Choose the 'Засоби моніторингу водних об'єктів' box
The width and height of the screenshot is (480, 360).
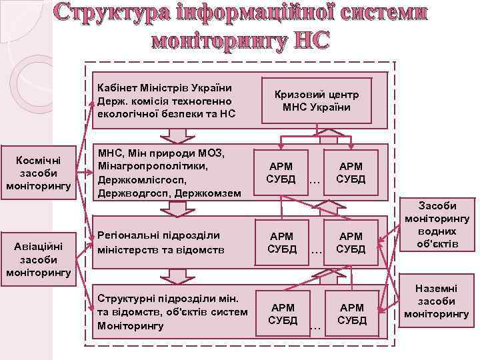[437, 226]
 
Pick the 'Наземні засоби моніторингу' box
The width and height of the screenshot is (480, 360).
[437, 301]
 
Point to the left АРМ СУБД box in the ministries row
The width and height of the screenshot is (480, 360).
[281, 173]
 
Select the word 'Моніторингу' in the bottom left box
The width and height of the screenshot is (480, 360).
[130, 326]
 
